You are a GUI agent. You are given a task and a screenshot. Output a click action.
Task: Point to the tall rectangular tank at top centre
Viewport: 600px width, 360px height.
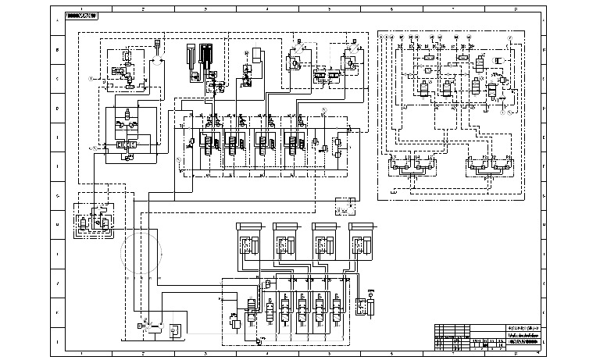tap(257, 58)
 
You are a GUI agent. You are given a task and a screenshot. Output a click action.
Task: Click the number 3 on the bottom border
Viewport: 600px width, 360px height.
tap(205, 353)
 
